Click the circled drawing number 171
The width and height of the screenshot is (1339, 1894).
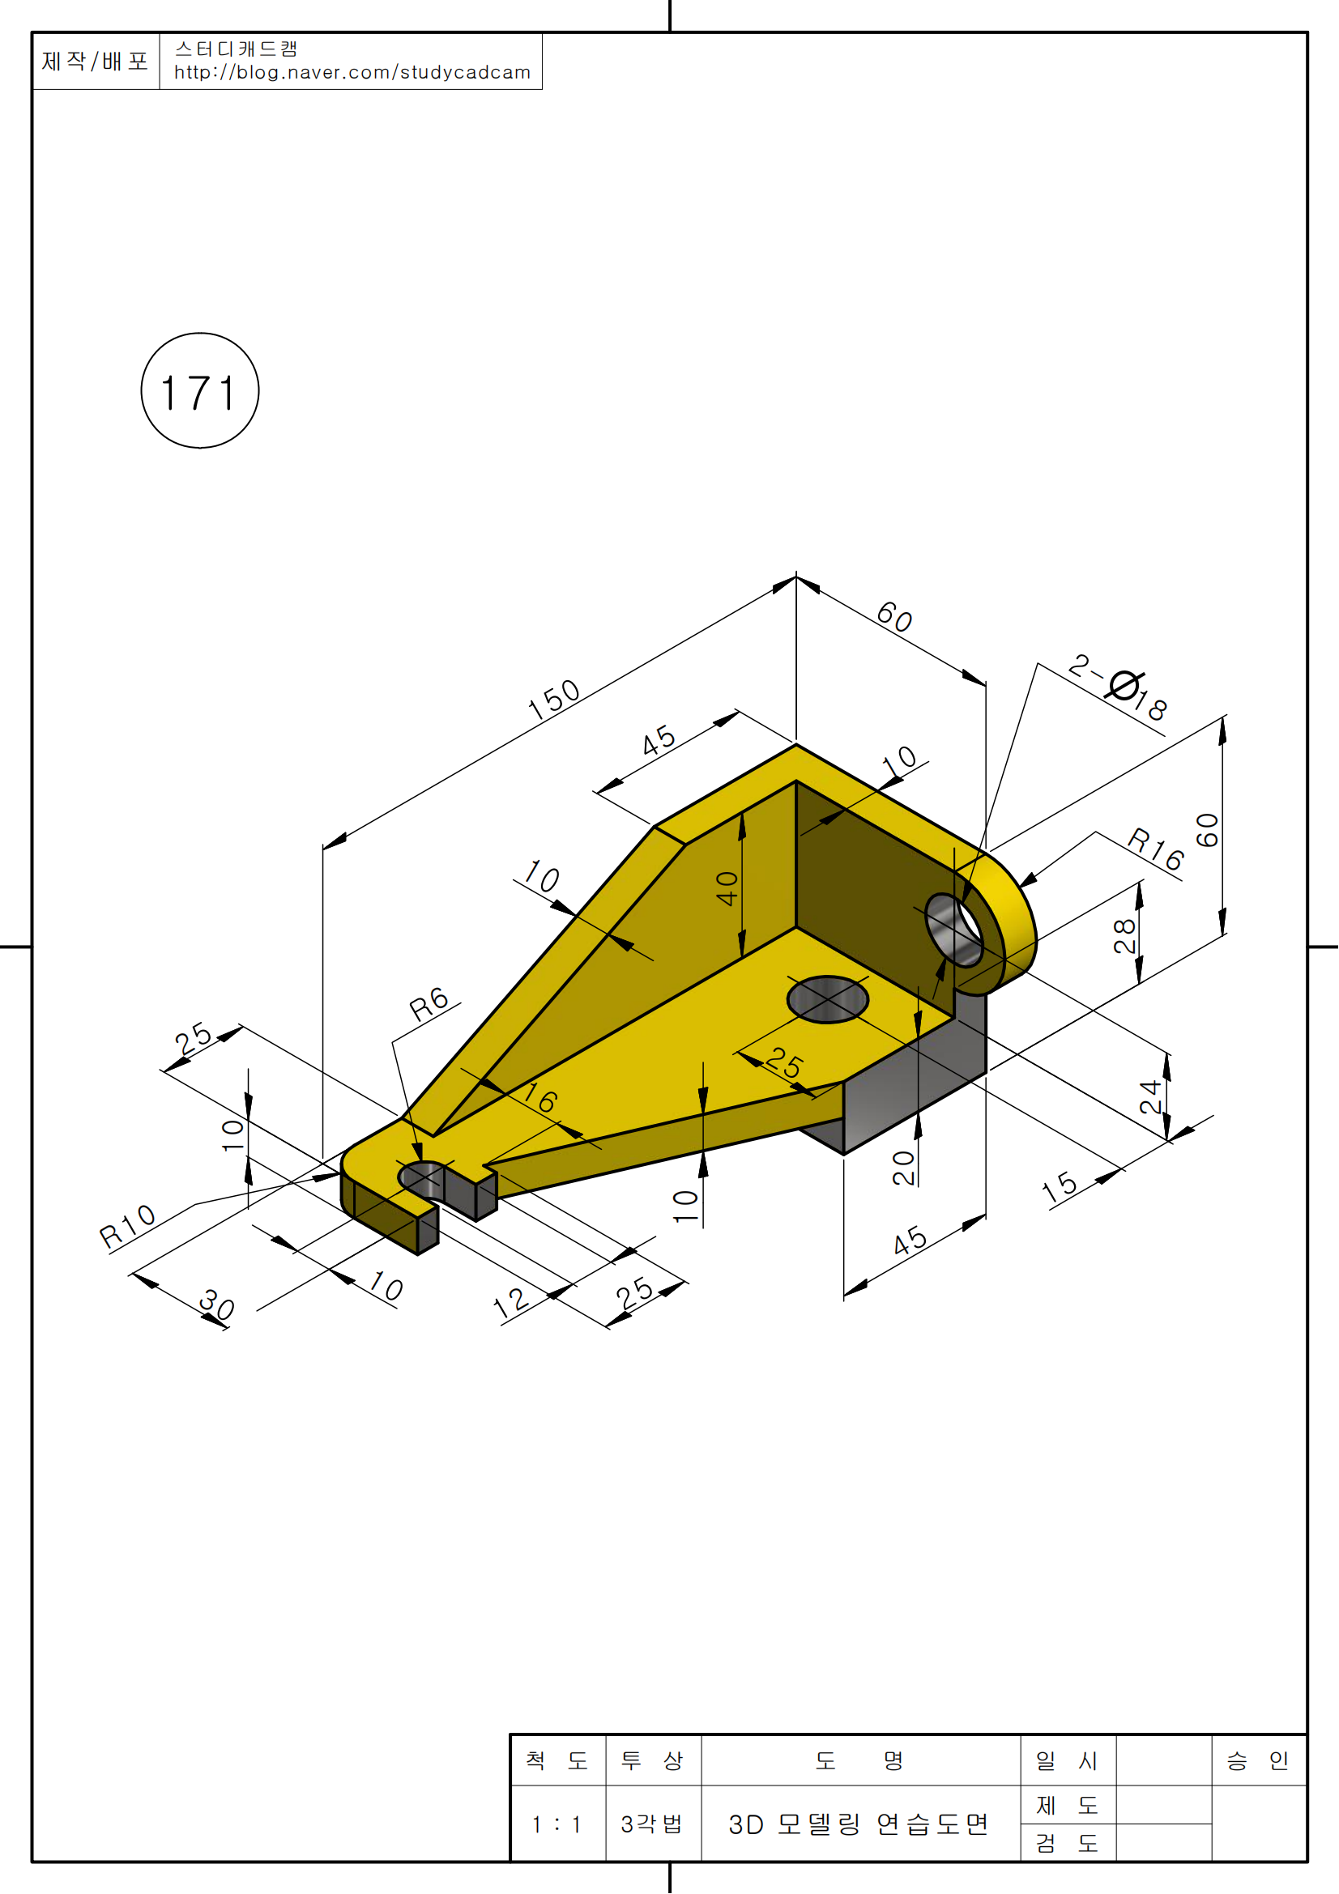click(x=199, y=391)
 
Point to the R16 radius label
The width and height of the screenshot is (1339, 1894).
click(x=1156, y=849)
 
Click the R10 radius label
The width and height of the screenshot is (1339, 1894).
click(x=128, y=1227)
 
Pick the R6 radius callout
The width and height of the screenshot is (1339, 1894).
click(x=429, y=1005)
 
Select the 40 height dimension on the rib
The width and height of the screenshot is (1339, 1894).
click(x=727, y=888)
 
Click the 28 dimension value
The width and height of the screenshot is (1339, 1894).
click(x=1124, y=936)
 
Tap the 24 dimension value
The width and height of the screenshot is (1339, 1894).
click(x=1150, y=1097)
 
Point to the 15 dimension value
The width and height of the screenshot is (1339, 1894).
click(x=1060, y=1188)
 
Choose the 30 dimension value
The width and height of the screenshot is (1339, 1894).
click(x=217, y=1305)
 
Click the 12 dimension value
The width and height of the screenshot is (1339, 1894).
click(x=510, y=1303)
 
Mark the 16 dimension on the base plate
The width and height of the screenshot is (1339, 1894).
click(x=540, y=1098)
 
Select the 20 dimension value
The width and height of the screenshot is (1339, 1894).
click(x=904, y=1168)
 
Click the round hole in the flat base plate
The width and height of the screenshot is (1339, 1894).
click(x=828, y=999)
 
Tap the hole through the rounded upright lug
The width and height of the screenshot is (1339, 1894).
click(x=954, y=930)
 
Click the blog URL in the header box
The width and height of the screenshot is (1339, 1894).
click(x=352, y=73)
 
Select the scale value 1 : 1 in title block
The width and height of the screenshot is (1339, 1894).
click(x=556, y=1824)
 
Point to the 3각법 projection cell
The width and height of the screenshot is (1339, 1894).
click(x=652, y=1824)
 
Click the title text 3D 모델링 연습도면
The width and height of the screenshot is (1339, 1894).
click(x=858, y=1824)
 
